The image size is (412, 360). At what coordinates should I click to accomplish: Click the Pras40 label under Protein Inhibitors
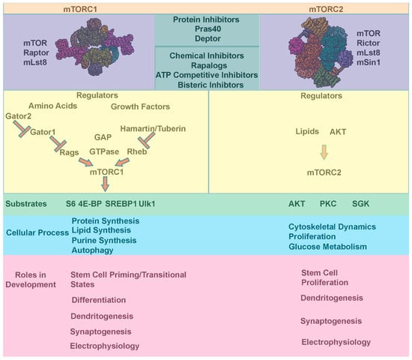[x=207, y=29]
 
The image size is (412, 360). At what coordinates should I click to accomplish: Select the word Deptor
[x=207, y=39]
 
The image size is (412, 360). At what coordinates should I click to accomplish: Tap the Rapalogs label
[x=209, y=65]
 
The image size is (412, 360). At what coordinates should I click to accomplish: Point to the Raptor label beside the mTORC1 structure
[x=36, y=52]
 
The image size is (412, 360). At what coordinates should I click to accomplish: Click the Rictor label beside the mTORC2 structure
[x=368, y=43]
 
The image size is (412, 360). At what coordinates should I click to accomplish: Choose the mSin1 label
[x=369, y=62]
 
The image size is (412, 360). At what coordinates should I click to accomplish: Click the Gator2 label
[x=18, y=116]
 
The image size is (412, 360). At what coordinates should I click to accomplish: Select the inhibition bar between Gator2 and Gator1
[x=22, y=129]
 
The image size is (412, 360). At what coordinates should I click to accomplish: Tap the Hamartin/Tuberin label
[x=153, y=129]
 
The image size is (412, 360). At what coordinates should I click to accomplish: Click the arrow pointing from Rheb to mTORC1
[x=122, y=162]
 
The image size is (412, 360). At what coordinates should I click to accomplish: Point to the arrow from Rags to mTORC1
[x=86, y=162]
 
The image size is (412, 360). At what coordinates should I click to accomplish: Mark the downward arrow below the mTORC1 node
[x=105, y=184]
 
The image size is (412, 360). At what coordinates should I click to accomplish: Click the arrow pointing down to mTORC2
[x=324, y=152]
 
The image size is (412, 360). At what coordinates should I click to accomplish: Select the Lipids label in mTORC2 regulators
[x=307, y=131]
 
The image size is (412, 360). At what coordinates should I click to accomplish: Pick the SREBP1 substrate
[x=121, y=204]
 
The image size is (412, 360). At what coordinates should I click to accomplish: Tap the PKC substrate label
[x=328, y=204]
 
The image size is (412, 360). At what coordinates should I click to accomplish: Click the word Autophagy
[x=92, y=250]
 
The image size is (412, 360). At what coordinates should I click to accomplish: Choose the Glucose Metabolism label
[x=327, y=247]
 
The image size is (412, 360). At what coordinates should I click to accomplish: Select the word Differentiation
[x=99, y=300]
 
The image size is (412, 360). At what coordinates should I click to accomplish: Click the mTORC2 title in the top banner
[x=326, y=9]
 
